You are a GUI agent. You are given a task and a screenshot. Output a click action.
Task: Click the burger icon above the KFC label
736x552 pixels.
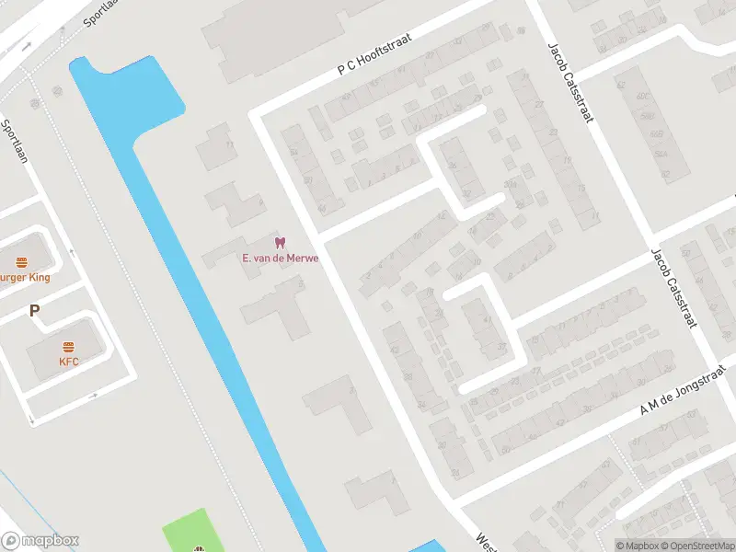[x=68, y=347]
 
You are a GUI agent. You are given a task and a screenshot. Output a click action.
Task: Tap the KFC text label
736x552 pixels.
[x=69, y=362]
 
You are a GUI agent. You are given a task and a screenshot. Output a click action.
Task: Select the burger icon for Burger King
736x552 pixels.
[x=19, y=262]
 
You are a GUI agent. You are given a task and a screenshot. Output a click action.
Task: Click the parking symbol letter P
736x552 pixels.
[x=34, y=311]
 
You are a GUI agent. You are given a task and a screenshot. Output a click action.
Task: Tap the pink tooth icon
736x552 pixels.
[x=281, y=243]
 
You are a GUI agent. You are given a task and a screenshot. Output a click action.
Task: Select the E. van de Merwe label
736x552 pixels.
[x=281, y=259]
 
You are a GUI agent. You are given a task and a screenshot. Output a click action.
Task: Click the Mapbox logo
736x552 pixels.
[x=40, y=541]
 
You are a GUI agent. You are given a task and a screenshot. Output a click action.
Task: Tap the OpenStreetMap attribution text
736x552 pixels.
[x=696, y=546]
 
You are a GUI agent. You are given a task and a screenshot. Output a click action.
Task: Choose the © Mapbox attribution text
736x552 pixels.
[x=637, y=546]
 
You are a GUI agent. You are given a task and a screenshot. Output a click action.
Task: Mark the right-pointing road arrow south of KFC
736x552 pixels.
[x=93, y=397]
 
